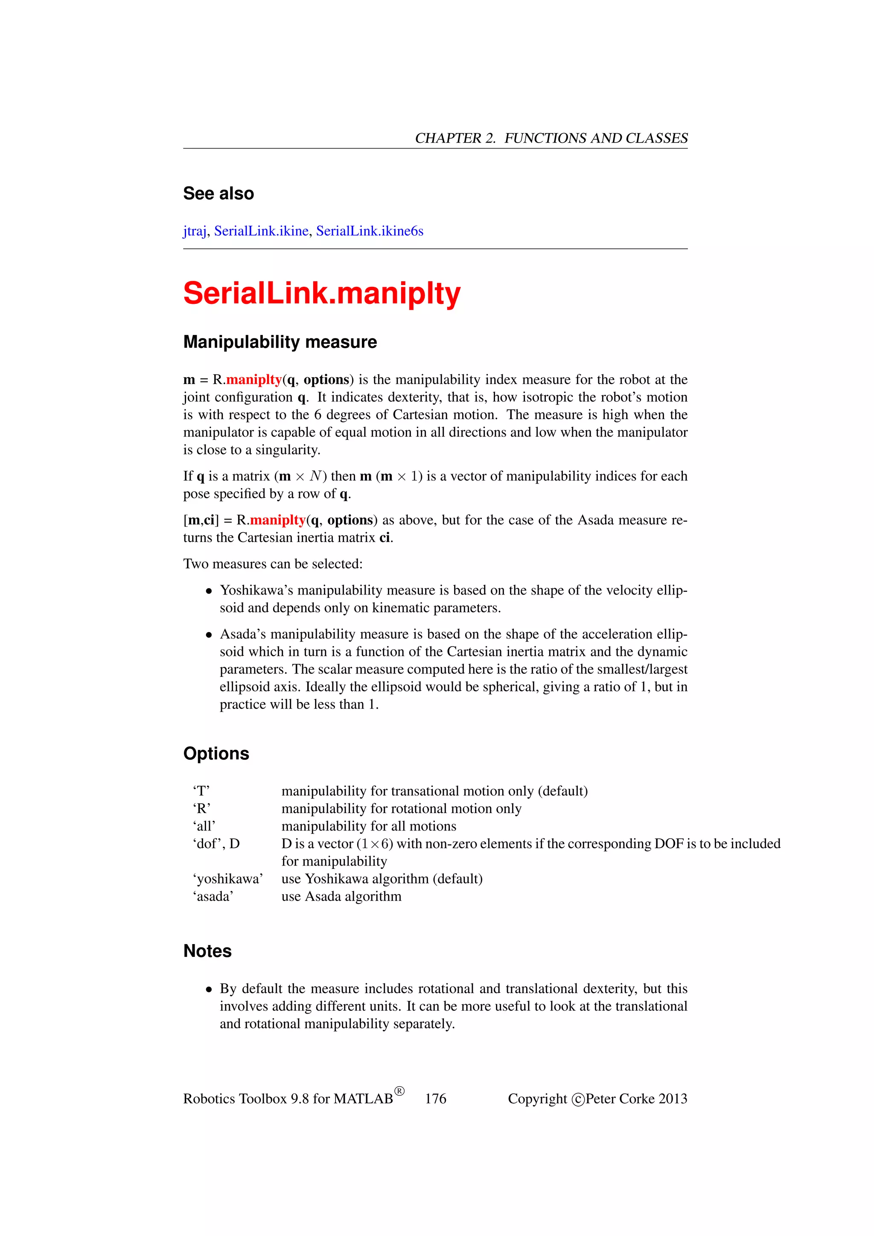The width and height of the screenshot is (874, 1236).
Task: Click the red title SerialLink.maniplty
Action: click(321, 294)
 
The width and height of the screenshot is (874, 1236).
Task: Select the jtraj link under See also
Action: click(194, 231)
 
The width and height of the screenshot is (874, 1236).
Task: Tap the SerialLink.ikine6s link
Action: click(369, 231)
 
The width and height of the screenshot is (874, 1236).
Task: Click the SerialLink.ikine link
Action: click(261, 231)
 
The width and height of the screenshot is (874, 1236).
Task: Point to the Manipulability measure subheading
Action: click(280, 342)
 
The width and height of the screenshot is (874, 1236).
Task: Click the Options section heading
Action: click(216, 754)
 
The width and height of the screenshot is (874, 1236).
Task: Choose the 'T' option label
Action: click(201, 791)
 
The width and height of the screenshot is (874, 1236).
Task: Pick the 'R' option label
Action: click(202, 809)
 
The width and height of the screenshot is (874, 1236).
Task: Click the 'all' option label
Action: click(204, 826)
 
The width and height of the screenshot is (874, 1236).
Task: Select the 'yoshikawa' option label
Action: click(227, 879)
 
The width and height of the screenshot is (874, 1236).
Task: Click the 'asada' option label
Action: click(213, 897)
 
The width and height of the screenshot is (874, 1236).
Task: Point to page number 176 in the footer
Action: click(435, 1099)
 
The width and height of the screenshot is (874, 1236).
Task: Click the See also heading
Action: click(218, 194)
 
